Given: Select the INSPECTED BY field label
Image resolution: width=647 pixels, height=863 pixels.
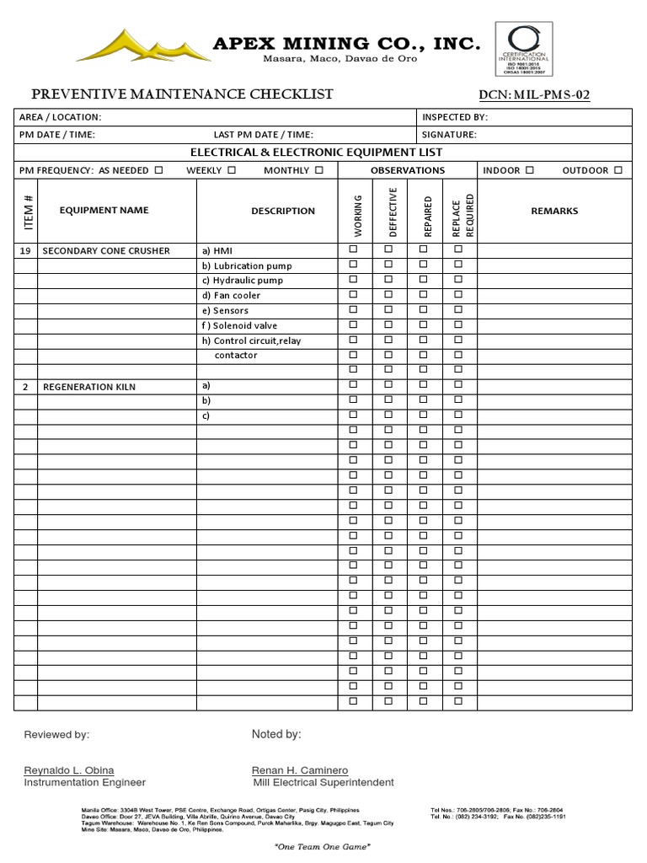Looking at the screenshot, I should point(455,117).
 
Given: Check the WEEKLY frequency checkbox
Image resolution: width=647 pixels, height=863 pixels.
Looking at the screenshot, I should point(232,170).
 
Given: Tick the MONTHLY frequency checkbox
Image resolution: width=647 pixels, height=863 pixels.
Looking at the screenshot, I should point(319,170).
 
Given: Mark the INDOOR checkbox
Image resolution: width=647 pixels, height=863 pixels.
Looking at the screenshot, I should point(529,170).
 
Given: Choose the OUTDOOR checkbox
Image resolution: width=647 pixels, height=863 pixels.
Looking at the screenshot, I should point(618,170).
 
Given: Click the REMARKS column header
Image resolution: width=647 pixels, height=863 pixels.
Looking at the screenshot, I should point(554,211).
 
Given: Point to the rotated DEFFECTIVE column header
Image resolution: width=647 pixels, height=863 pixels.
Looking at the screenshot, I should point(389,212).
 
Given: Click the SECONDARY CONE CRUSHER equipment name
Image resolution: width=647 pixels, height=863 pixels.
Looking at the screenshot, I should point(106,250).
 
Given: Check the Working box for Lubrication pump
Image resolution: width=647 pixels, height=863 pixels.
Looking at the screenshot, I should point(354,265).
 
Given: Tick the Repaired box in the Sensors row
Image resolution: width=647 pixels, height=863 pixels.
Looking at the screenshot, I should point(424,310).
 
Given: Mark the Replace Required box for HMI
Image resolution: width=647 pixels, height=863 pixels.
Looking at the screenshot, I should point(459,249).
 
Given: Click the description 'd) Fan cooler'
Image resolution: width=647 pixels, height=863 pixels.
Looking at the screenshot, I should point(231,296).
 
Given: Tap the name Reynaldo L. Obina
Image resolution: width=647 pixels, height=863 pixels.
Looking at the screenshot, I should point(69,770).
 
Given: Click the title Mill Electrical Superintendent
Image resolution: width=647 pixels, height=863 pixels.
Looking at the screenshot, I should point(323,782).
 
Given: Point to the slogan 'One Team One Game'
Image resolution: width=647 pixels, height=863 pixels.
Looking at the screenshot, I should point(323,846).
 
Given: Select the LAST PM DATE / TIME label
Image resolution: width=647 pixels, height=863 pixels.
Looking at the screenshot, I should point(264,134).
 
